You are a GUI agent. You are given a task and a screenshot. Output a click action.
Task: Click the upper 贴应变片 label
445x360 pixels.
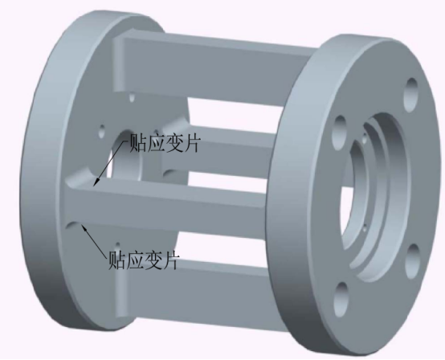[x=165, y=143]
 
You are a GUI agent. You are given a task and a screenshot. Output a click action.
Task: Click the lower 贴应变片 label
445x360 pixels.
[x=144, y=260]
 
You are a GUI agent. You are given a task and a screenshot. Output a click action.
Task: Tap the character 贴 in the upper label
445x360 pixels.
[x=138, y=143]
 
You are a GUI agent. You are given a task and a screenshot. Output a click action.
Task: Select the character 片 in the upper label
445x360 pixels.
[x=192, y=143]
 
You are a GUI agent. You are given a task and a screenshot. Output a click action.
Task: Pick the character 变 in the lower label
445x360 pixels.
[x=153, y=260]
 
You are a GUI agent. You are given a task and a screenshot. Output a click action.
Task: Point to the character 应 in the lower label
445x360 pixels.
[x=135, y=260]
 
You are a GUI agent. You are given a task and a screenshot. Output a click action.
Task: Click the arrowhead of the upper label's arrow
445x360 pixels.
[x=96, y=183]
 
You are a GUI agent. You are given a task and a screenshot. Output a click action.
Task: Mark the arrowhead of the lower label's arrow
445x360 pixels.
[x=84, y=227]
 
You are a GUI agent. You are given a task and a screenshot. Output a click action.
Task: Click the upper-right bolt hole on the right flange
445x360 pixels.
[x=411, y=95]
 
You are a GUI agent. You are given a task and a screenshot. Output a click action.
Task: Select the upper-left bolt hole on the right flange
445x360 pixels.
[x=341, y=133]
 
